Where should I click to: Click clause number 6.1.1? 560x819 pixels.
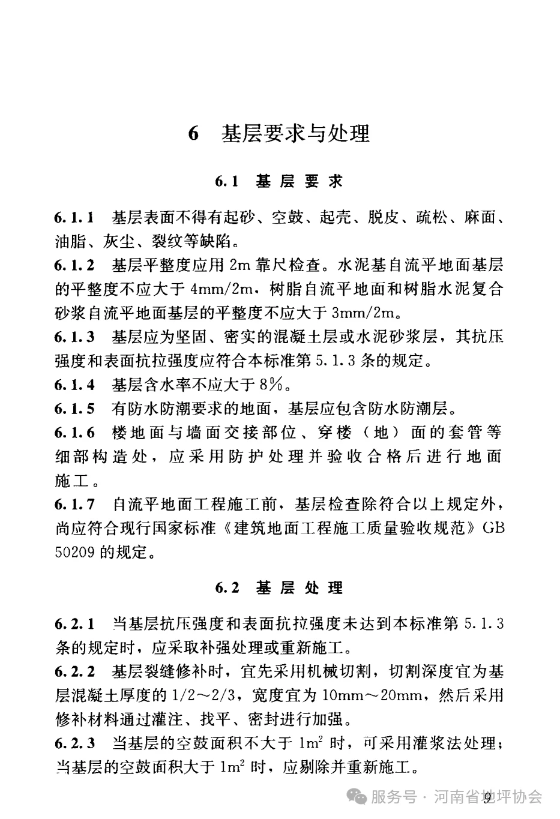(74, 217)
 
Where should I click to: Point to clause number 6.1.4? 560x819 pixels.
(74, 385)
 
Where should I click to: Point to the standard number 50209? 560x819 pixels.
(73, 551)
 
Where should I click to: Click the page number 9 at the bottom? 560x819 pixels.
(487, 796)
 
